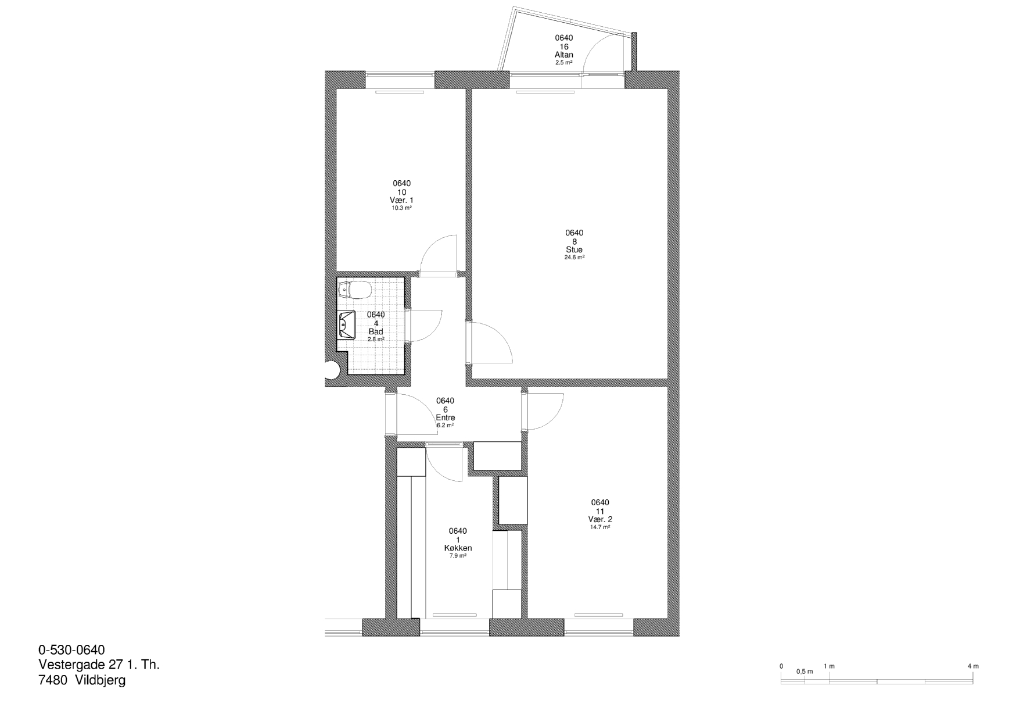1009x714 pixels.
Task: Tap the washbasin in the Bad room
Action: pyautogui.click(x=347, y=324)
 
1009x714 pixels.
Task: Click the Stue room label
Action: pyautogui.click(x=574, y=250)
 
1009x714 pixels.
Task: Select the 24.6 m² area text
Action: pyautogui.click(x=574, y=257)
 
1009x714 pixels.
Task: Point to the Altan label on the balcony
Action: pyautogui.click(x=563, y=55)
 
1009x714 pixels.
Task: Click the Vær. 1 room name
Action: pyautogui.click(x=401, y=200)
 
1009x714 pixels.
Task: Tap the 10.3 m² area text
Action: pyautogui.click(x=401, y=208)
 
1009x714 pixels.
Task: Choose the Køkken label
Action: pyautogui.click(x=458, y=548)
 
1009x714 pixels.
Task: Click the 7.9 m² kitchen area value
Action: pyautogui.click(x=458, y=556)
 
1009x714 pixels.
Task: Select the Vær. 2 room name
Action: pyautogui.click(x=600, y=519)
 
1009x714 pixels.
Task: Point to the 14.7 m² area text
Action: pyautogui.click(x=600, y=527)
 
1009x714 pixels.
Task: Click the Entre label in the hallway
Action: pyautogui.click(x=445, y=417)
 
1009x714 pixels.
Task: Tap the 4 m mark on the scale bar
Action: pyautogui.click(x=973, y=666)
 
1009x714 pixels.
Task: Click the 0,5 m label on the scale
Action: pyautogui.click(x=805, y=672)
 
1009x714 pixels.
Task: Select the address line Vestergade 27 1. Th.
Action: pyautogui.click(x=99, y=665)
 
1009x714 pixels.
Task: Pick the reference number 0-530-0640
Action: pyautogui.click(x=71, y=649)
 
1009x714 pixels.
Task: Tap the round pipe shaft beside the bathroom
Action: pyautogui.click(x=331, y=370)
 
